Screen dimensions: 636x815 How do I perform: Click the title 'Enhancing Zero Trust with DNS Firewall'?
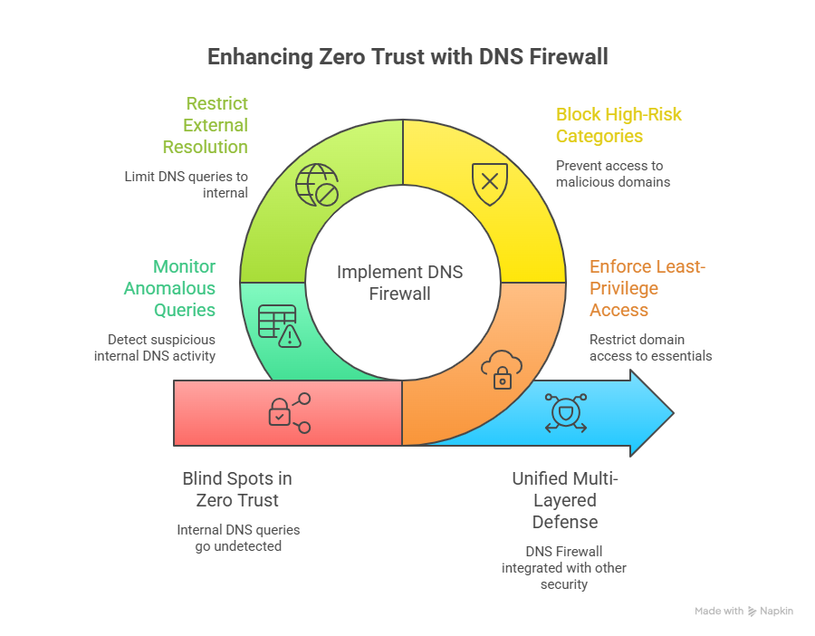click(x=407, y=56)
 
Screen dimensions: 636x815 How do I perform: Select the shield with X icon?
click(x=490, y=181)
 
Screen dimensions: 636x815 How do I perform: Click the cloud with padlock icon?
click(x=501, y=369)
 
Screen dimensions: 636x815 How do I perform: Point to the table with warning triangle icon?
click(x=278, y=324)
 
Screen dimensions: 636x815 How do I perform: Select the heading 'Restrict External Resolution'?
click(x=206, y=125)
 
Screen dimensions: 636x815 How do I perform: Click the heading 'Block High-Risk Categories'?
click(x=618, y=125)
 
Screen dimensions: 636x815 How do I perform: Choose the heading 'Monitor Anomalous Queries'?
click(x=171, y=288)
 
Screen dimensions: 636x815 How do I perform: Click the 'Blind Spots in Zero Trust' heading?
click(x=237, y=489)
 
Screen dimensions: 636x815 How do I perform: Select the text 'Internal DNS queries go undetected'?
click(x=238, y=537)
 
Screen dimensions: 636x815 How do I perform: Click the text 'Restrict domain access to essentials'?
click(x=650, y=347)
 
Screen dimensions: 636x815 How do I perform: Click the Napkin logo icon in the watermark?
click(x=753, y=612)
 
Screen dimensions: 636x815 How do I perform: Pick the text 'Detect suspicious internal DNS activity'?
click(x=155, y=347)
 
